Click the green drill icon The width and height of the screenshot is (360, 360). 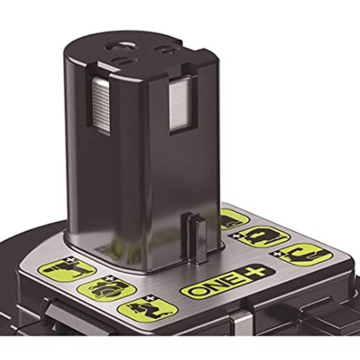point(67,269)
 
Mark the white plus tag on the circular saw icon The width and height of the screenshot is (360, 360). point(107,279)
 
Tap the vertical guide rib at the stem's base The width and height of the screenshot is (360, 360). point(196,237)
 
